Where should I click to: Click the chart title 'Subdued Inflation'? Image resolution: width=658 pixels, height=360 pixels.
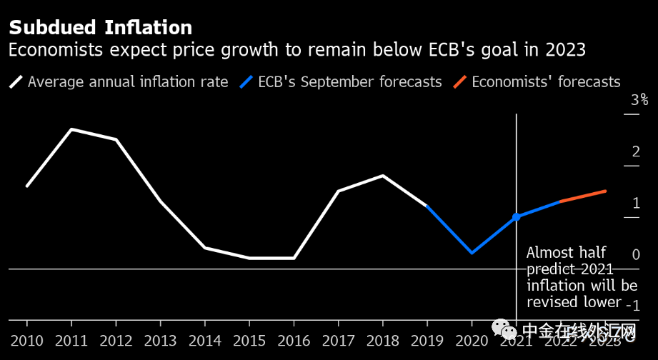click(x=100, y=28)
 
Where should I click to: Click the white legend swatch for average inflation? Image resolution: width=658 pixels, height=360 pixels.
click(x=16, y=81)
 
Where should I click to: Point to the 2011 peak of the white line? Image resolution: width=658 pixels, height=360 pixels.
click(x=71, y=129)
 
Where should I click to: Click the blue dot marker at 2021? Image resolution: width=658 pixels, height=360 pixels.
click(x=516, y=216)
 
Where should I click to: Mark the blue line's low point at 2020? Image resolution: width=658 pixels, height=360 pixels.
click(x=472, y=253)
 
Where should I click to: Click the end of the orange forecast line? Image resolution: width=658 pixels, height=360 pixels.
click(x=606, y=191)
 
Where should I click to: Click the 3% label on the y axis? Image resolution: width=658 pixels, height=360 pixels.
click(x=639, y=100)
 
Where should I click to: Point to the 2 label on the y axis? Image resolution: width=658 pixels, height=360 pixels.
click(x=635, y=151)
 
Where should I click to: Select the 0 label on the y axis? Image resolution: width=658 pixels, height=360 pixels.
click(x=635, y=254)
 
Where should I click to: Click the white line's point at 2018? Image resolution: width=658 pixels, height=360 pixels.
click(x=384, y=175)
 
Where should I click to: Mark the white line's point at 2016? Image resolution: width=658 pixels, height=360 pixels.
click(x=294, y=258)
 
